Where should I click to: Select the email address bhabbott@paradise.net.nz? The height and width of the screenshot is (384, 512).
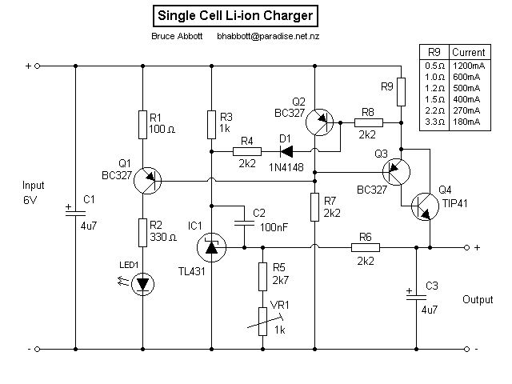270,37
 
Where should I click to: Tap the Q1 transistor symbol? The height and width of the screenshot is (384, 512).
145,180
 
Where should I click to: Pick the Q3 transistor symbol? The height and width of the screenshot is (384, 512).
396,170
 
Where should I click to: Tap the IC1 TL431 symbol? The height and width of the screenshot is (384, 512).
210,248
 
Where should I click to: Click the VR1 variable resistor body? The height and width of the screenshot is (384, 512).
262,320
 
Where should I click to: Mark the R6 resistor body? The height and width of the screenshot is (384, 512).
365,248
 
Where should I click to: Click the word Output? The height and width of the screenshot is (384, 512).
477,300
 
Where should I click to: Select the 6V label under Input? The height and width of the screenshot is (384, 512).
30,199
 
